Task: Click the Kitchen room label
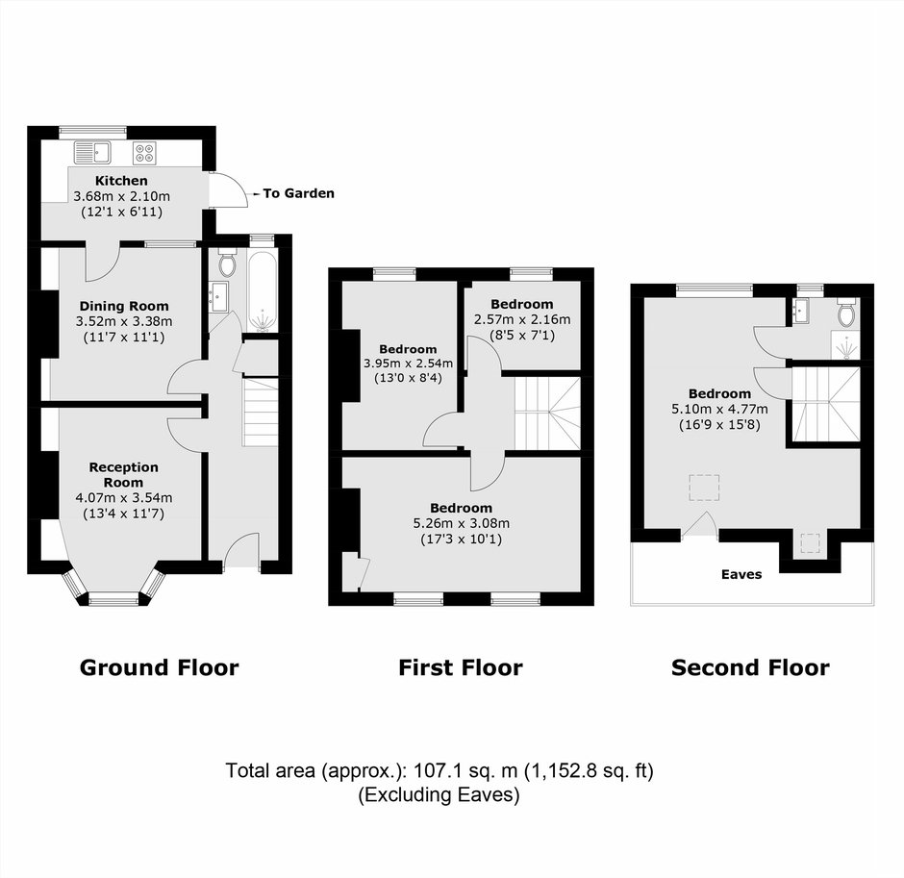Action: click(x=121, y=181)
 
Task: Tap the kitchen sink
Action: click(x=92, y=153)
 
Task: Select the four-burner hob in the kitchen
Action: click(x=144, y=153)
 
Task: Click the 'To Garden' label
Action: click(x=298, y=193)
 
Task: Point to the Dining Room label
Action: click(x=124, y=306)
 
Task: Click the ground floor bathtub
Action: click(x=264, y=291)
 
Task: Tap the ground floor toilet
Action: click(x=228, y=264)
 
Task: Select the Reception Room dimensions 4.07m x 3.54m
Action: click(x=124, y=497)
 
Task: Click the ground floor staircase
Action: click(x=261, y=412)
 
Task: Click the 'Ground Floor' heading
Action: click(x=159, y=667)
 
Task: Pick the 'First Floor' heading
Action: click(x=461, y=667)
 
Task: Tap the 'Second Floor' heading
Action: click(x=750, y=667)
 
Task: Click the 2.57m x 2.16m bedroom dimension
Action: click(x=522, y=319)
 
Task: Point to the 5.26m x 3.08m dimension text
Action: click(x=462, y=523)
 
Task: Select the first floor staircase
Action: click(x=547, y=413)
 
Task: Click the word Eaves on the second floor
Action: click(x=741, y=574)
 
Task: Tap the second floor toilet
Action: click(x=847, y=314)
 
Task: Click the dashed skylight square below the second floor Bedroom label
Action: click(x=704, y=488)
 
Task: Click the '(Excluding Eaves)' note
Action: click(x=439, y=795)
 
